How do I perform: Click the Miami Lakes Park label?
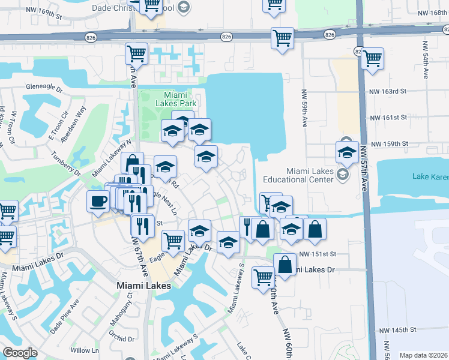[x=180, y=100]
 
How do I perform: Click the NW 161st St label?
[x=389, y=118]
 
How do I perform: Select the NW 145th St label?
[x=399, y=330]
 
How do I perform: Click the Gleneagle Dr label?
[x=44, y=87]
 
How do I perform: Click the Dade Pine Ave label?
[x=65, y=317]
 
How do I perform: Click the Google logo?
[x=20, y=353]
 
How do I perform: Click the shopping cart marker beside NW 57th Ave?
[x=372, y=59]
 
